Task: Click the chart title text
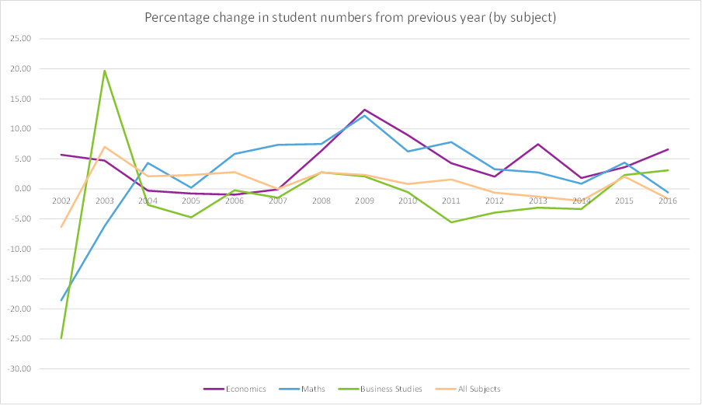[350, 17]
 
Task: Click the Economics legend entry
[245, 389]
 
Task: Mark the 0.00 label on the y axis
[22, 189]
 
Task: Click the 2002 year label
[61, 201]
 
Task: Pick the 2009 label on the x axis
[364, 201]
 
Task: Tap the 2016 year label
[668, 201]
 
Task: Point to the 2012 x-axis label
[495, 201]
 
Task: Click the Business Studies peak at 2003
[105, 71]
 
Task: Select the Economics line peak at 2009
[364, 110]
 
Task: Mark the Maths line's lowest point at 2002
[61, 300]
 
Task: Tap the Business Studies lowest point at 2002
[61, 338]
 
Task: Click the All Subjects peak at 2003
[105, 147]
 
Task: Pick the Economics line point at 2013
[538, 145]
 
